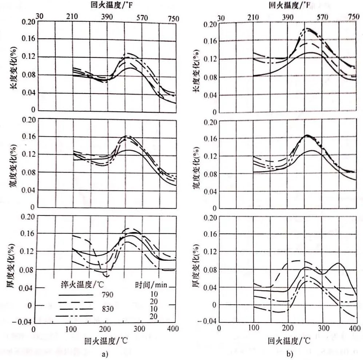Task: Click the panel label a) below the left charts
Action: (x=105, y=353)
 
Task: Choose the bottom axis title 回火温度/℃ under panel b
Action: (x=290, y=341)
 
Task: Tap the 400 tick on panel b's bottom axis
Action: (x=356, y=328)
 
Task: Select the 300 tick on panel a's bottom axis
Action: (x=140, y=328)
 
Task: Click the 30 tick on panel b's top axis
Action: (x=220, y=18)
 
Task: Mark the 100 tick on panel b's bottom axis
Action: (x=253, y=328)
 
